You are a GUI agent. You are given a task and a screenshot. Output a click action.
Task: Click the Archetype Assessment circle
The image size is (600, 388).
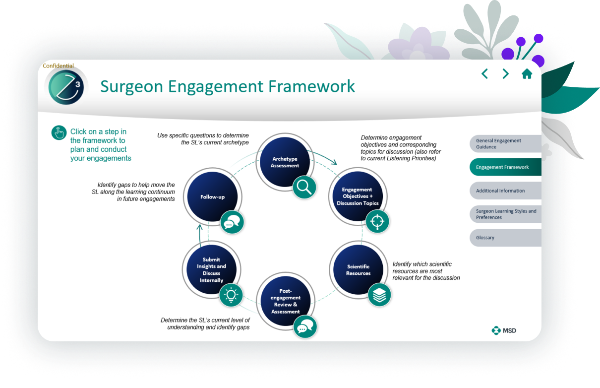point(285,162)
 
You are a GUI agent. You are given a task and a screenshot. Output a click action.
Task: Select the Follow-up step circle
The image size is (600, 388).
point(212,197)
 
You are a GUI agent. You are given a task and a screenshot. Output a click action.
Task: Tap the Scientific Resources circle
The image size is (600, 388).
point(358,270)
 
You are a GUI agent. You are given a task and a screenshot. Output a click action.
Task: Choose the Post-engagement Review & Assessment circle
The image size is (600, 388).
point(285,301)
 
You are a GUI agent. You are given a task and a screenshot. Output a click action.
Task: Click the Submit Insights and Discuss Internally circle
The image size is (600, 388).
point(211,270)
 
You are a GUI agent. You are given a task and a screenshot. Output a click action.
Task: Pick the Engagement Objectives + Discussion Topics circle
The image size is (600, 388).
point(357,196)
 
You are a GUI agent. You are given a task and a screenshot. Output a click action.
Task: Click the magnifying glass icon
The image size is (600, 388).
point(304,187)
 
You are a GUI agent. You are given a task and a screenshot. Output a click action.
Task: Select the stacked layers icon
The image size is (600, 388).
point(379,295)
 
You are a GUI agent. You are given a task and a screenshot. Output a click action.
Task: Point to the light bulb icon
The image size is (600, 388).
point(231,295)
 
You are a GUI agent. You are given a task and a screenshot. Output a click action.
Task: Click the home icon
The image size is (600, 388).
point(527,74)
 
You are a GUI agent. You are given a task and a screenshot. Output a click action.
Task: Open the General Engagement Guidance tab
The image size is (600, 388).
point(505,144)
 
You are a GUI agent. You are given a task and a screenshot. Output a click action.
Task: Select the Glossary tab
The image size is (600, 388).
point(505,238)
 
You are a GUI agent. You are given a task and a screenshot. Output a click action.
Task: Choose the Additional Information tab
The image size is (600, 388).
point(505,191)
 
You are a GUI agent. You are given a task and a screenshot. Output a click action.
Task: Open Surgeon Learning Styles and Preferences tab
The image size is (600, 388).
point(505,214)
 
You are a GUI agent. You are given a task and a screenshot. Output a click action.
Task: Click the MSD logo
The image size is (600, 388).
point(504,330)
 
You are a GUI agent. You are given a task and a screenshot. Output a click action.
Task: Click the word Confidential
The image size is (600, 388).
point(59,65)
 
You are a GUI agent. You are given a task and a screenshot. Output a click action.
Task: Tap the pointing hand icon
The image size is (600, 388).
point(59,132)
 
